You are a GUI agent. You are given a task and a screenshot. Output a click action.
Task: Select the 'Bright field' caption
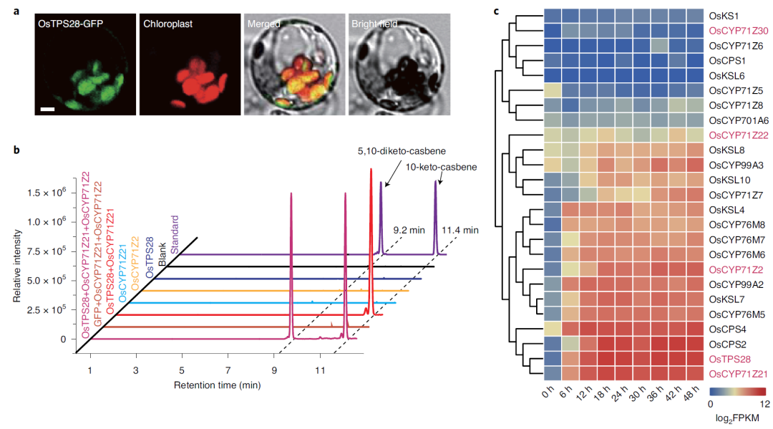(x=374, y=24)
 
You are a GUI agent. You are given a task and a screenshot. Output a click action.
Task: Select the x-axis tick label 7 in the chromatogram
(x=228, y=370)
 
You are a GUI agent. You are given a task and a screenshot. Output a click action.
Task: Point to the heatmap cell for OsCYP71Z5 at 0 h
(x=552, y=90)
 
